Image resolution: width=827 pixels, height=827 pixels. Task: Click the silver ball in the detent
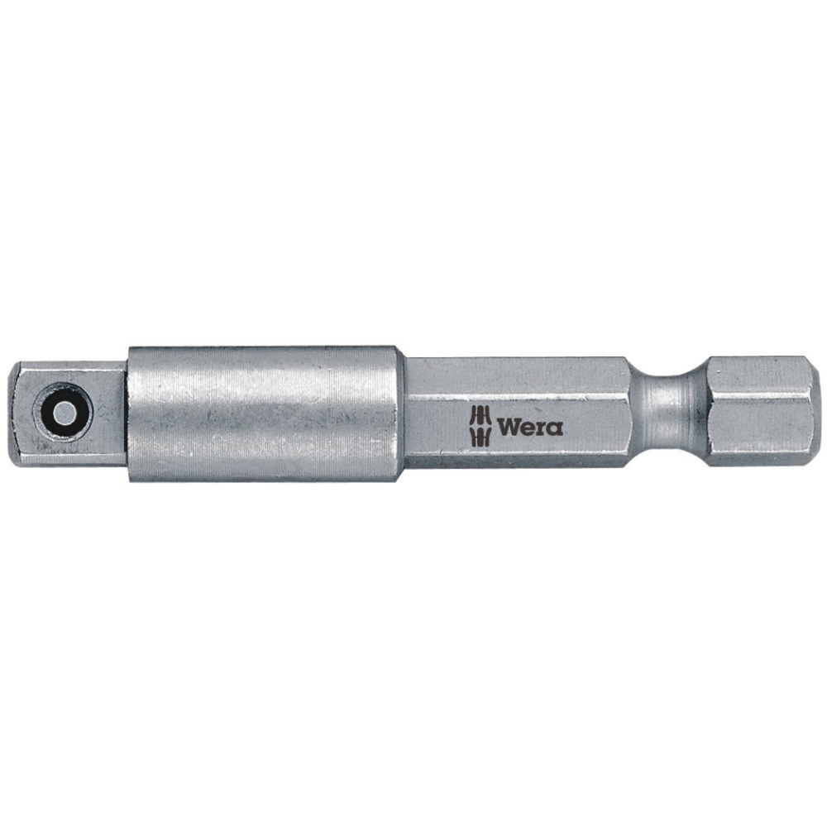(x=62, y=411)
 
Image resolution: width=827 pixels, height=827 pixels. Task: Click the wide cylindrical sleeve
(x=265, y=413)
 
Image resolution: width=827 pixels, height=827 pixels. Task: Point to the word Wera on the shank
(x=529, y=428)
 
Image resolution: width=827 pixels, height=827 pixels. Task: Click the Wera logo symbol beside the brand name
(x=480, y=427)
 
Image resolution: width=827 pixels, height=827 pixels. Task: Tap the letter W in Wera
(x=508, y=428)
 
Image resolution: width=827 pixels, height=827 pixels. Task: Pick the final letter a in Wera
(x=555, y=428)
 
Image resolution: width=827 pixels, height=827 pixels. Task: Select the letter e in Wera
(x=528, y=428)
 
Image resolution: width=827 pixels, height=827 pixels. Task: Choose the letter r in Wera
(x=542, y=428)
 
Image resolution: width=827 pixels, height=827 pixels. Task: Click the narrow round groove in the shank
(x=668, y=412)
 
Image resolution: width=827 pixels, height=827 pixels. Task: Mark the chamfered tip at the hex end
(x=815, y=410)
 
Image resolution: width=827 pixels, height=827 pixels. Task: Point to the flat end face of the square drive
(x=17, y=411)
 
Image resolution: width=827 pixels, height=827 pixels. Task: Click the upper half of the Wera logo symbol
(x=480, y=416)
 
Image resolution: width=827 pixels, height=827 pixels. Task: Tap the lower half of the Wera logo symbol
(x=480, y=437)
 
